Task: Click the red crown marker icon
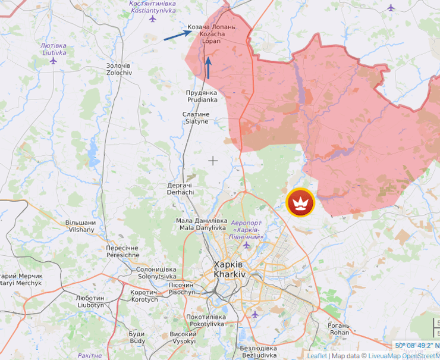(x=300, y=203)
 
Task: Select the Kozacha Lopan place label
(x=211, y=34)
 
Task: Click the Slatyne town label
(x=197, y=117)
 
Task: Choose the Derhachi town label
(x=180, y=189)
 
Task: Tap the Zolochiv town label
(x=118, y=68)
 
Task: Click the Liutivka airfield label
(x=54, y=49)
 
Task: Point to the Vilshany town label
(x=81, y=226)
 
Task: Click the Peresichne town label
(x=122, y=251)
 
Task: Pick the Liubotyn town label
(x=90, y=301)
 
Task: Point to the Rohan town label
(x=339, y=329)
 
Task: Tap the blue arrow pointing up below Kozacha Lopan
(x=208, y=68)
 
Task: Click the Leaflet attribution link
(x=316, y=356)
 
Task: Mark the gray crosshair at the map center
(x=213, y=160)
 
